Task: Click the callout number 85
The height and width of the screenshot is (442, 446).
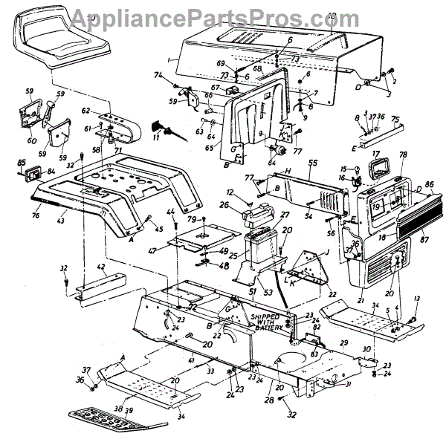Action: [x=22, y=163]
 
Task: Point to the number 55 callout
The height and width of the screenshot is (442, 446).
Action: [x=313, y=162]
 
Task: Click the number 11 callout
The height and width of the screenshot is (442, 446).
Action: [x=156, y=138]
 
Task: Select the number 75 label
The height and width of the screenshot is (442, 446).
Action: [x=395, y=119]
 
